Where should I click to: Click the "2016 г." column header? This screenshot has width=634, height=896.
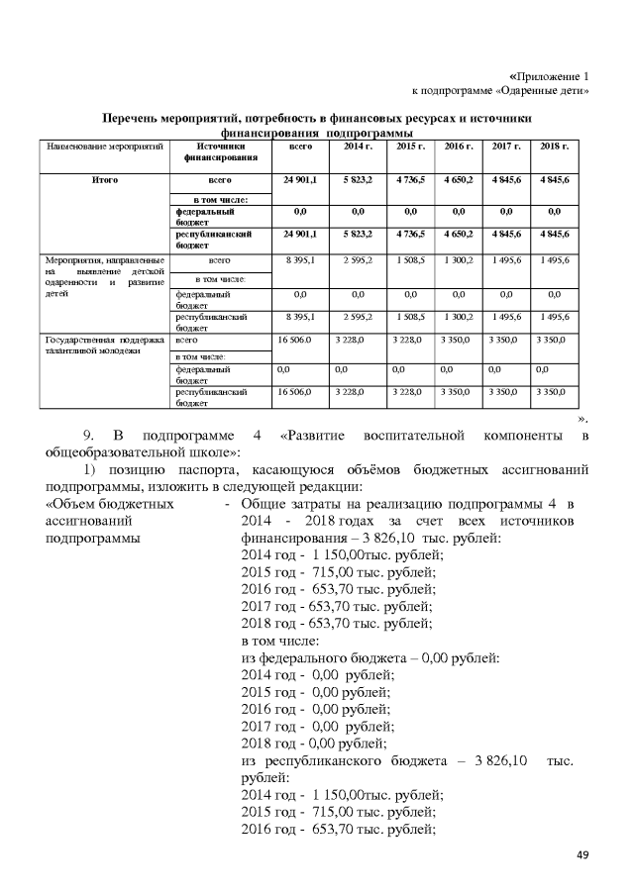[459, 147]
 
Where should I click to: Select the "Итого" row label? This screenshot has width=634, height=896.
[105, 182]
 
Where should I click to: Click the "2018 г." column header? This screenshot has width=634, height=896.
[554, 147]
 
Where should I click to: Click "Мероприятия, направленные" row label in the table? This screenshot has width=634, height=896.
[104, 260]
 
